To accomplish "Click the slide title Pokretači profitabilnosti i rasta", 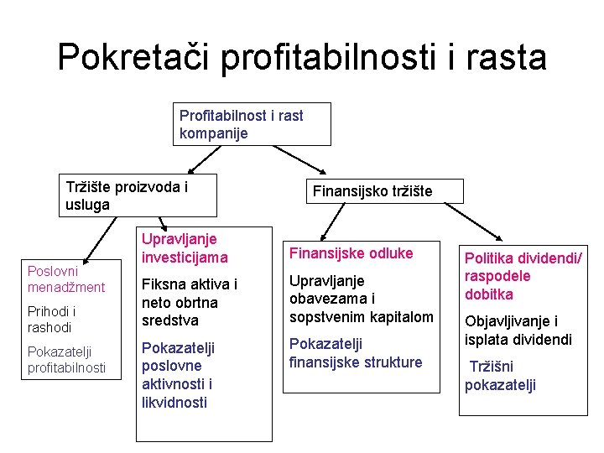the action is tap(302, 57).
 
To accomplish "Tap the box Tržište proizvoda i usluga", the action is tap(140, 195).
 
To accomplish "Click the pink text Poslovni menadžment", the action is tap(66, 279).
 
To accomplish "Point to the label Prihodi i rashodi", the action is tap(50, 320).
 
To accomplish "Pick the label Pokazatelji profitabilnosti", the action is tap(66, 360).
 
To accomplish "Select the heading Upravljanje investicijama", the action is tap(184, 248).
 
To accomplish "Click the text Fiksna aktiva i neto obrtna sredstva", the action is tap(190, 302).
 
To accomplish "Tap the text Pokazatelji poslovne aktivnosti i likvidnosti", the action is tap(178, 375).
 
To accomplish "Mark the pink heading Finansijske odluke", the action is tap(351, 253).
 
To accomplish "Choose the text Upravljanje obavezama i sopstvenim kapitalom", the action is tap(361, 299).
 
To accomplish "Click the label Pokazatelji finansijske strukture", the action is tap(356, 353).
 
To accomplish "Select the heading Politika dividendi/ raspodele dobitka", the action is tap(523, 276).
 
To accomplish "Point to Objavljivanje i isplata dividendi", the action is tap(518, 331).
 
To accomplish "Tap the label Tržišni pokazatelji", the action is tap(502, 376).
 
